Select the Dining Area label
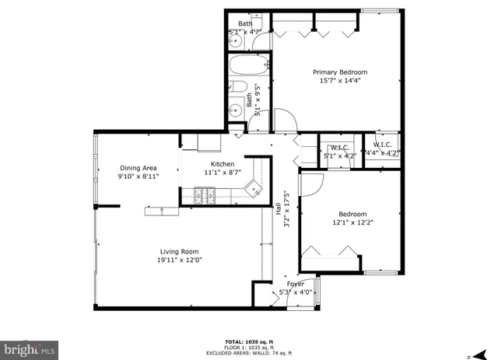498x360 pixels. click(139, 167)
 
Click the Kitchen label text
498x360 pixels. click(223, 164)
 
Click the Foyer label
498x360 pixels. click(295, 284)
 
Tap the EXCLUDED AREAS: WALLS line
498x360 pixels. click(249, 353)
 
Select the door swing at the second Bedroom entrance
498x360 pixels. click(310, 183)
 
